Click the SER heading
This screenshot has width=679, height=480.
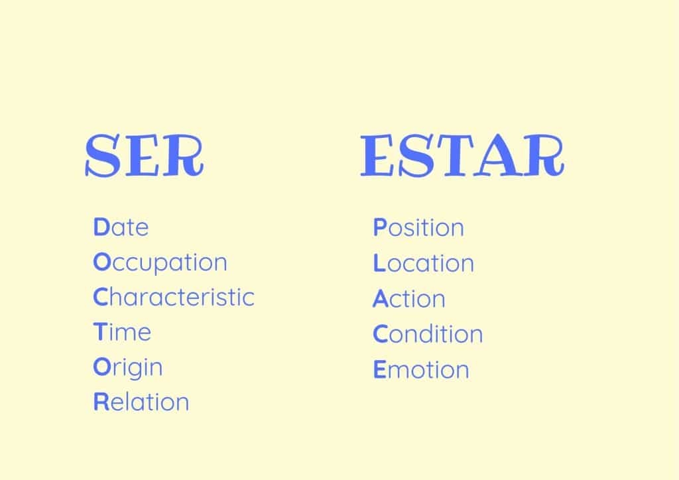(145, 155)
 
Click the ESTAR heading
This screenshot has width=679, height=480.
(462, 155)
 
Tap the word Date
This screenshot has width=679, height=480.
(121, 227)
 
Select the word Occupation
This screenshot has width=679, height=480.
(160, 263)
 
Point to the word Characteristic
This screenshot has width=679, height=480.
(174, 297)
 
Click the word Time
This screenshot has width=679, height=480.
(122, 331)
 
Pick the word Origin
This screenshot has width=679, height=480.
(128, 367)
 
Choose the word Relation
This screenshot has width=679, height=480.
(141, 402)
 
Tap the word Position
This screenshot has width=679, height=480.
(418, 227)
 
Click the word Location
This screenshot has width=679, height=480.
(424, 263)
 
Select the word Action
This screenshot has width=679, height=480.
(409, 298)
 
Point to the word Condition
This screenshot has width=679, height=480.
(428, 333)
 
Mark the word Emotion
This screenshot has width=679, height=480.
(421, 369)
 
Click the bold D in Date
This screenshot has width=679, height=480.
(101, 227)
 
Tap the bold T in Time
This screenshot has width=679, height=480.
(99, 331)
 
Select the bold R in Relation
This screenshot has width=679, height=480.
(101, 402)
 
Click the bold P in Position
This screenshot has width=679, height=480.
(380, 227)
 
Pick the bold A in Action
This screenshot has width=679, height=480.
(380, 298)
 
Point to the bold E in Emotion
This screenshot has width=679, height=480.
(379, 369)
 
